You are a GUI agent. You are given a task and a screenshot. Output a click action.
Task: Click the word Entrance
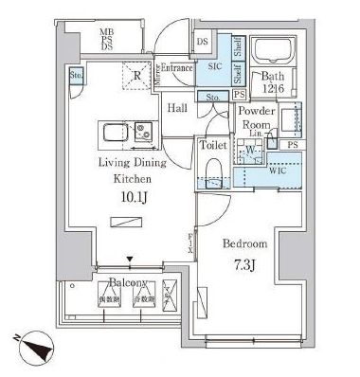tap(176, 67)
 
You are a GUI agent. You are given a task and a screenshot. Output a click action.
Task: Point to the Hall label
tap(177, 109)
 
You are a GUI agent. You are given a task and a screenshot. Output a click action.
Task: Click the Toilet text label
tap(212, 146)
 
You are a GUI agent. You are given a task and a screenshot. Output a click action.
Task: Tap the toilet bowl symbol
tap(212, 175)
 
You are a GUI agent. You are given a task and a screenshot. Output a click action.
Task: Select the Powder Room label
tap(256, 118)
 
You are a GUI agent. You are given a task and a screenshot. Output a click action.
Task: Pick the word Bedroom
tap(243, 242)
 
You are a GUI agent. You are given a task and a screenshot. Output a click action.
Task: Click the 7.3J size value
tap(243, 264)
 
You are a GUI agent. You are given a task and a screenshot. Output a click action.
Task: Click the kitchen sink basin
tap(114, 132)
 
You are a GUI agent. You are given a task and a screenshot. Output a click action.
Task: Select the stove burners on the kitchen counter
tap(141, 132)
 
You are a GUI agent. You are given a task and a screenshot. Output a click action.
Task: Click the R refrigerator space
tap(137, 76)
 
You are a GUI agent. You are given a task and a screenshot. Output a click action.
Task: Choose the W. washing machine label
tap(250, 149)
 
